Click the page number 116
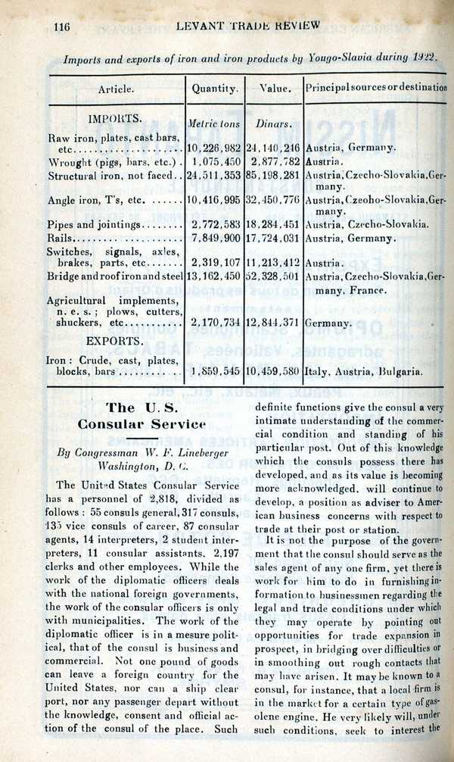(x=63, y=26)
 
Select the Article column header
(x=116, y=89)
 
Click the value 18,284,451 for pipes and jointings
(x=273, y=225)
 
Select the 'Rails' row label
(x=61, y=239)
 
